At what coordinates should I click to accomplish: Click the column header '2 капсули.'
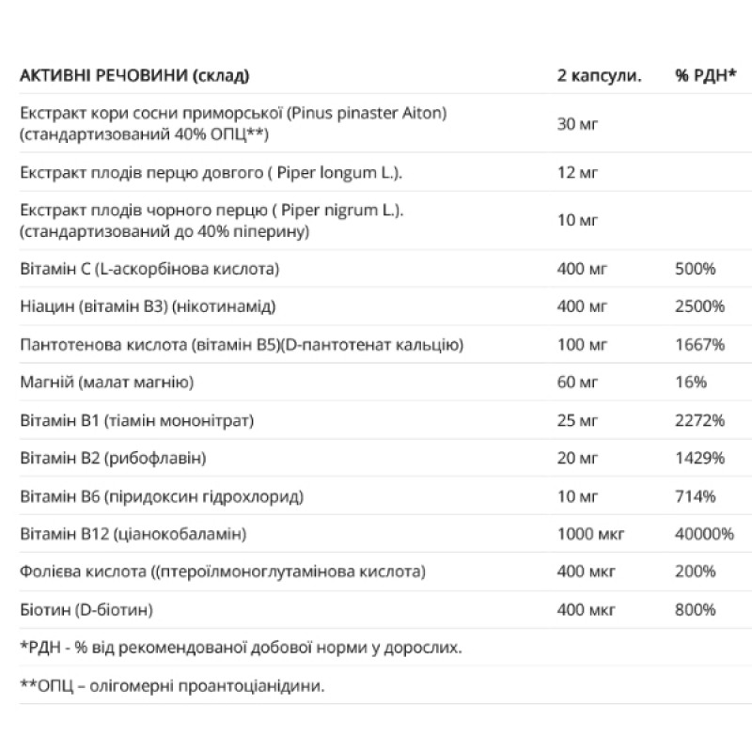pos(599,76)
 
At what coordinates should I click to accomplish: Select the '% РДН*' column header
pos(704,76)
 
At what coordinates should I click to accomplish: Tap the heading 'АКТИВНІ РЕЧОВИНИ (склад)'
pos(135,76)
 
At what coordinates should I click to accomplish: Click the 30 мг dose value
pos(578,125)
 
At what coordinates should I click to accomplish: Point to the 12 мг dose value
pos(578,174)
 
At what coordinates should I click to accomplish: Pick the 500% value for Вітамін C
pos(696,269)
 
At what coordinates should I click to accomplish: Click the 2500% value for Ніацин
pos(699,306)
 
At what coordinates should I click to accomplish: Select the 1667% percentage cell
pos(699,345)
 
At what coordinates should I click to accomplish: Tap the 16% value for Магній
pos(691,383)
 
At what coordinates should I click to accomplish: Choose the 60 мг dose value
pos(578,383)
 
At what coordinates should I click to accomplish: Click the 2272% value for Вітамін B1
pos(699,420)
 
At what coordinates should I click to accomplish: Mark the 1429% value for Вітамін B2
pos(699,459)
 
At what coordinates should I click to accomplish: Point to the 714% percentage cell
pos(696,496)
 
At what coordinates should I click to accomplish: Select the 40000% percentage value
pos(704,534)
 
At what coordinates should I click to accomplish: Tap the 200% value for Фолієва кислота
pos(696,572)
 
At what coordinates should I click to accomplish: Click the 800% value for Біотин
pos(696,610)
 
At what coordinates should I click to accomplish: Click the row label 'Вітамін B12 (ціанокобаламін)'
pos(133,534)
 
